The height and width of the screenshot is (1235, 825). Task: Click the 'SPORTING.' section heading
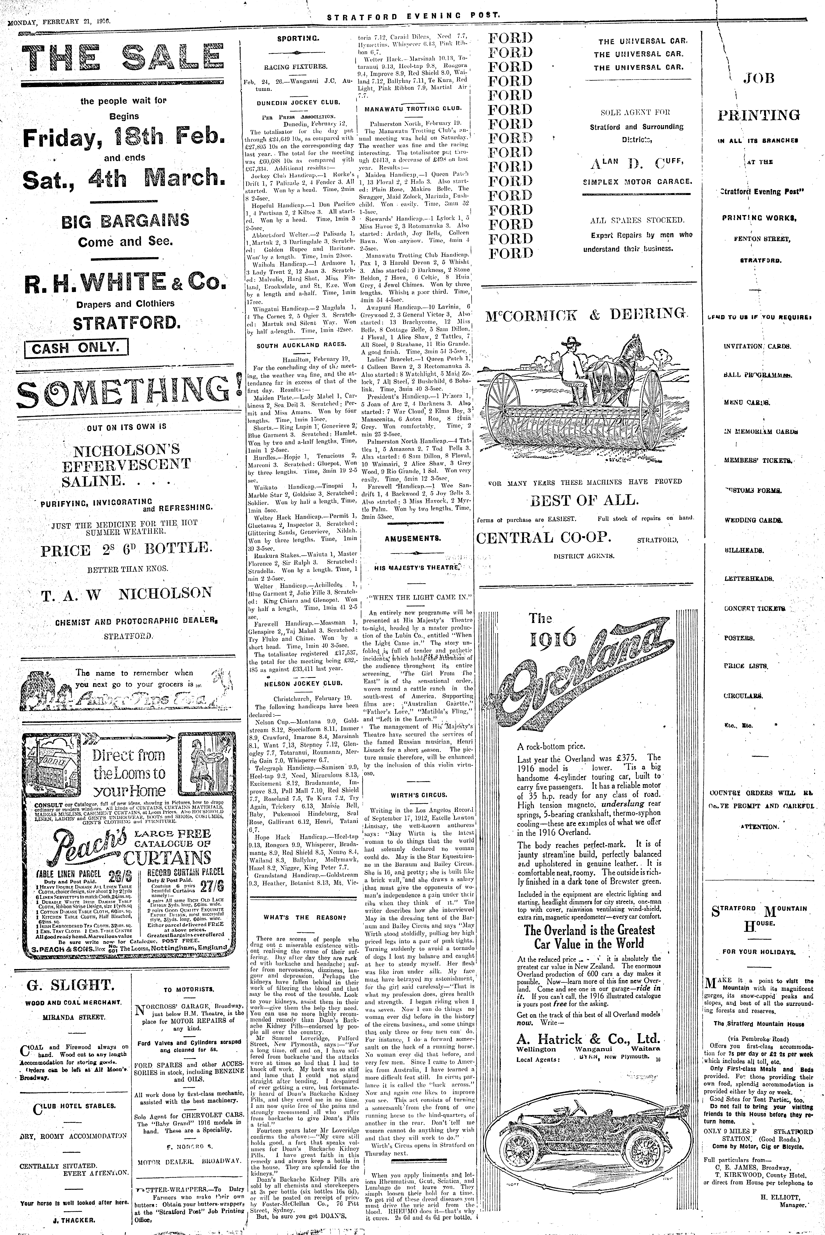point(298,38)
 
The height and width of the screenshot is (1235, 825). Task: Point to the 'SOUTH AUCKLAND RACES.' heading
point(302,345)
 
